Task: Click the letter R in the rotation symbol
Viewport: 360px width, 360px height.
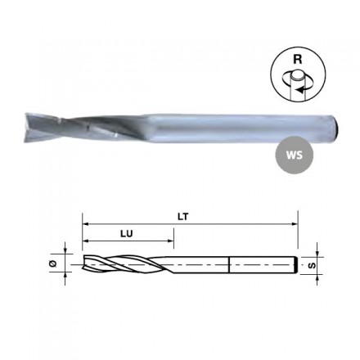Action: tap(297, 59)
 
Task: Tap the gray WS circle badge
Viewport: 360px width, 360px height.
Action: tap(295, 155)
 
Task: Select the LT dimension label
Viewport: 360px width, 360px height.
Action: tap(183, 217)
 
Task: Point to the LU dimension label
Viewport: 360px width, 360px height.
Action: tap(127, 234)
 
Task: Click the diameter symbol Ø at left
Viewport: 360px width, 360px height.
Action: tap(53, 263)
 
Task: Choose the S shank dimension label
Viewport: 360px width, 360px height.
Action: tap(313, 265)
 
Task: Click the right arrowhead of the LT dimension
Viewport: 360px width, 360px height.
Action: tap(295, 224)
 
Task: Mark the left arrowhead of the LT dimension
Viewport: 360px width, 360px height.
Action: tap(85, 224)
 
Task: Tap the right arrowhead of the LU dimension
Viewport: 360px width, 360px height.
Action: tap(171, 241)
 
